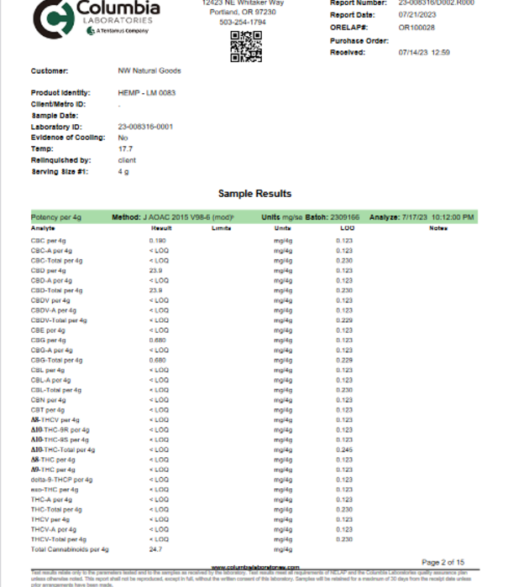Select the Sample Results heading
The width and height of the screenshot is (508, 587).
254,194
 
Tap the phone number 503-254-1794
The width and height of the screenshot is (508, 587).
243,23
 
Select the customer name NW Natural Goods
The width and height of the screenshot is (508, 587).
149,71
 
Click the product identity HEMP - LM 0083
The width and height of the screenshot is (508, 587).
148,92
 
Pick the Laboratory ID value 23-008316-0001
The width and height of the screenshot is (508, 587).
146,126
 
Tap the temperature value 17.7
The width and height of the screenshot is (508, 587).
123,148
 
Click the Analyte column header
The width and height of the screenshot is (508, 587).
43,228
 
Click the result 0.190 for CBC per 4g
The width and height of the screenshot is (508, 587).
157,241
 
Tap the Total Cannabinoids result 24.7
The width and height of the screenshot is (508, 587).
155,549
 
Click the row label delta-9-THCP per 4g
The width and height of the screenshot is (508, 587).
60,480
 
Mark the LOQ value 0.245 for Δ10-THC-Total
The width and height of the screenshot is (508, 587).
344,449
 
